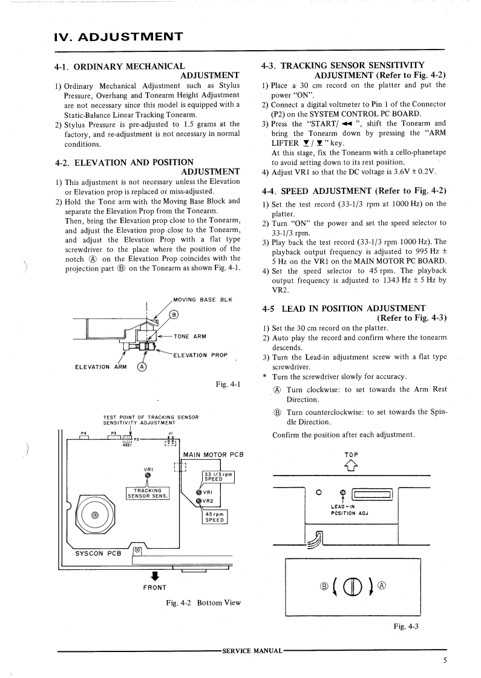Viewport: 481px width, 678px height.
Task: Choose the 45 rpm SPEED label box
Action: coord(215,517)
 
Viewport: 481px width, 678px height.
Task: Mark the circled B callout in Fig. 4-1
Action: coord(174,314)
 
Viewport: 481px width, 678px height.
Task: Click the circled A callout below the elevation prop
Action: coord(142,367)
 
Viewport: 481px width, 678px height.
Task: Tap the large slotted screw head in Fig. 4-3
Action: coord(352,586)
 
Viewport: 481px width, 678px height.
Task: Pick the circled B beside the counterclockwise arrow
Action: coord(324,586)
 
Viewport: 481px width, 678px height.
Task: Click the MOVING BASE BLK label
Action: coord(202,300)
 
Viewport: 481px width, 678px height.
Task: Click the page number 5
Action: coord(445,660)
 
